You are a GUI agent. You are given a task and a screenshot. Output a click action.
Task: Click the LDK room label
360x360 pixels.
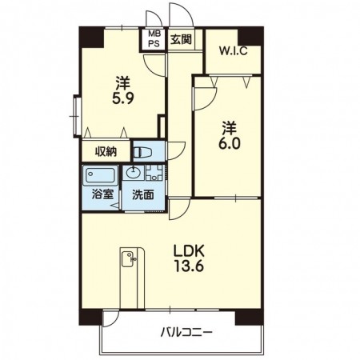pyautogui.click(x=189, y=250)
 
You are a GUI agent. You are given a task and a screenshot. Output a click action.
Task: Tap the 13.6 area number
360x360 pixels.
pyautogui.click(x=189, y=266)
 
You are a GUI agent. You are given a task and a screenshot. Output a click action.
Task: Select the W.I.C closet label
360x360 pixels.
pyautogui.click(x=233, y=50)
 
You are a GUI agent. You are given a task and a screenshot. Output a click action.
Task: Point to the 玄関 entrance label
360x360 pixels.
pyautogui.click(x=181, y=39)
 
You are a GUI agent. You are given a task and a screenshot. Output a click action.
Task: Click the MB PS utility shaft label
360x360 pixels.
pyautogui.click(x=154, y=38)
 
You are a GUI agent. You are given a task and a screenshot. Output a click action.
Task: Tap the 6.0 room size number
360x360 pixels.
pyautogui.click(x=230, y=144)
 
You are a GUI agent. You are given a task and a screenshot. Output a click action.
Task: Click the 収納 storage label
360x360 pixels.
pyautogui.click(x=106, y=152)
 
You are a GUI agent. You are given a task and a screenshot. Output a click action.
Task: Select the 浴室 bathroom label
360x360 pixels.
pyautogui.click(x=102, y=194)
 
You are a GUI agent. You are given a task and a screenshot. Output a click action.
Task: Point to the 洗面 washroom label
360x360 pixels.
pyautogui.click(x=143, y=195)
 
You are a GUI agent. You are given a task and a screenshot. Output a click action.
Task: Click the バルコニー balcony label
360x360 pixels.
pyautogui.click(x=186, y=332)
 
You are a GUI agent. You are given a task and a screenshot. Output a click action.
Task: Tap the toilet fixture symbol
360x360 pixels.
pyautogui.click(x=142, y=153)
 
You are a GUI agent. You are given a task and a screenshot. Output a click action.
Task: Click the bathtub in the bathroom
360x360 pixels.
pyautogui.click(x=100, y=175)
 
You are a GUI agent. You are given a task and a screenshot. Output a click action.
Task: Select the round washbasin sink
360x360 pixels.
pyautogui.click(x=133, y=173)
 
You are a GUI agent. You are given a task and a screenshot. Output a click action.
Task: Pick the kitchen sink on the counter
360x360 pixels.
pyautogui.click(x=129, y=259)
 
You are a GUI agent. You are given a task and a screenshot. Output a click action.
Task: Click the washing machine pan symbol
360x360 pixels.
pyautogui.click(x=154, y=173)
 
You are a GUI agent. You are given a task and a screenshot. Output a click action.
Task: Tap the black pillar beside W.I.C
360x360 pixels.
pyautogui.click(x=250, y=36)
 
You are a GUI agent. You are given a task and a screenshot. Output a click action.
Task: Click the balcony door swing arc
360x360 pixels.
pyautogui.click(x=114, y=320)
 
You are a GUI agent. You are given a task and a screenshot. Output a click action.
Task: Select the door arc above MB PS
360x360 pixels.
pyautogui.click(x=154, y=18)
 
